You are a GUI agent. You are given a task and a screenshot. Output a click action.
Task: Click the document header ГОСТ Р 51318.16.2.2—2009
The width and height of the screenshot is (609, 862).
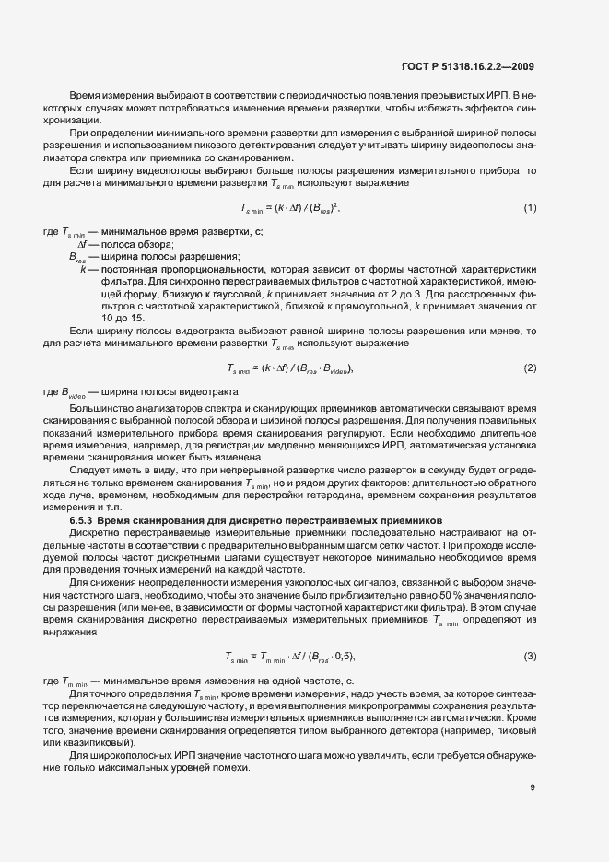tap(467, 66)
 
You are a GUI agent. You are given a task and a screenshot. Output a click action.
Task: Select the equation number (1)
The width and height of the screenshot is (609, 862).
tap(530, 233)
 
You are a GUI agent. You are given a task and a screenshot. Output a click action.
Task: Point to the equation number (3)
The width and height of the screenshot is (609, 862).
tap(530, 656)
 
